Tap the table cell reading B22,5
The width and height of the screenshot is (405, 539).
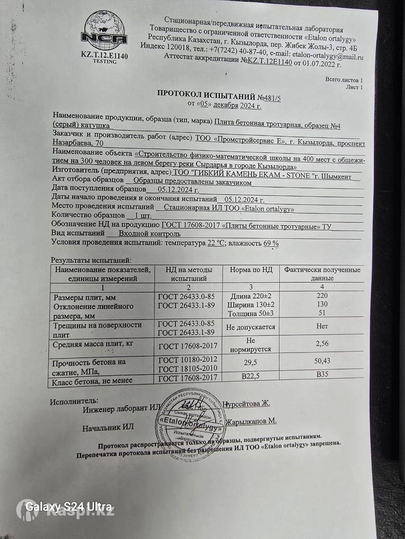pyautogui.click(x=251, y=377)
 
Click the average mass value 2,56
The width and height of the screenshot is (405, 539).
pyautogui.click(x=322, y=344)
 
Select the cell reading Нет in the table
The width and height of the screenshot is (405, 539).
pyautogui.click(x=322, y=326)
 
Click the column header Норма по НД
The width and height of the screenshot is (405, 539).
pyautogui.click(x=251, y=270)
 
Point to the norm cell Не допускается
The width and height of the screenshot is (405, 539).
pyautogui.click(x=251, y=327)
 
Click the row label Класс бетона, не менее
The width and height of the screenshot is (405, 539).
pyautogui.click(x=93, y=381)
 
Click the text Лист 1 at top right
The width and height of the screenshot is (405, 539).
pyautogui.click(x=354, y=87)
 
